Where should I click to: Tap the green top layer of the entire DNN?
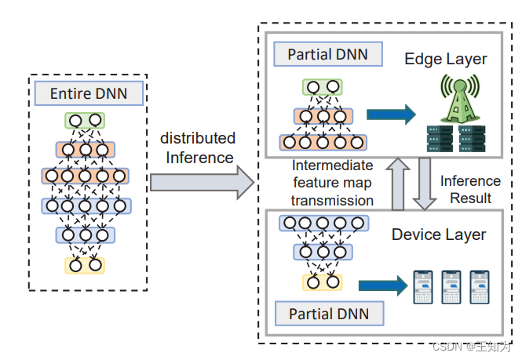pos(86,121)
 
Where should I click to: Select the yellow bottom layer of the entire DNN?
pos(86,265)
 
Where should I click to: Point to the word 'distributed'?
pos(198,138)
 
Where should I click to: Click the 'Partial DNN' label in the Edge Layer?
pos(326,55)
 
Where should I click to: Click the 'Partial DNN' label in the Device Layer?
pos(328,315)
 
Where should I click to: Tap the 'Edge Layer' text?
pos(445,59)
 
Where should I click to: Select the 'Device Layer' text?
pos(439,235)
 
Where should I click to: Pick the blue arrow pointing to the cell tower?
pos(390,115)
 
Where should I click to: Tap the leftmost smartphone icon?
pos(423,287)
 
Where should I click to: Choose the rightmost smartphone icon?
pos(479,287)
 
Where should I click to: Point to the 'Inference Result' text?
pos(469,188)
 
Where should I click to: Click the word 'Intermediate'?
pos(331,166)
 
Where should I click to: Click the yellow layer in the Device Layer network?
pos(323,282)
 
